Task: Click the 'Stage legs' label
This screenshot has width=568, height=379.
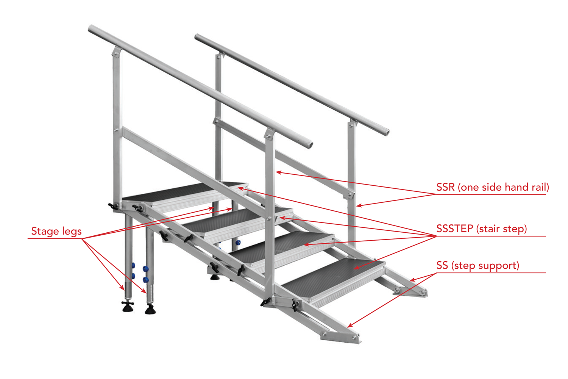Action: pyautogui.click(x=56, y=231)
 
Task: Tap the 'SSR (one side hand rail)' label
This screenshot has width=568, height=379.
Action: pyautogui.click(x=492, y=187)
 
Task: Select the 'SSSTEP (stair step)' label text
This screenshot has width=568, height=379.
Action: pyautogui.click(x=482, y=229)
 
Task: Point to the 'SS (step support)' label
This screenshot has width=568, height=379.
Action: pyautogui.click(x=478, y=266)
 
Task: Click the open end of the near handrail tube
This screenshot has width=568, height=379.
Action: pyautogui.click(x=310, y=145)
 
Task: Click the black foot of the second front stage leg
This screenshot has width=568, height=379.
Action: pyautogui.click(x=150, y=310)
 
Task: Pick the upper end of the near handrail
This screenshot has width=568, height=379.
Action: pyautogui.click(x=91, y=29)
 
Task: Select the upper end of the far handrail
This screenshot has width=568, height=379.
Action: pyautogui.click(x=197, y=37)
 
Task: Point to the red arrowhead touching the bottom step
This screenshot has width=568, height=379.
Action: pyautogui.click(x=357, y=268)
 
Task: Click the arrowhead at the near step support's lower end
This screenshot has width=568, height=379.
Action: pyautogui.click(x=350, y=325)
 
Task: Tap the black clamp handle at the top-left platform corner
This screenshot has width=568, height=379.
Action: pyautogui.click(x=113, y=206)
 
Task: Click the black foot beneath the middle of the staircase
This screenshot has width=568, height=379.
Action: pyautogui.click(x=215, y=277)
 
